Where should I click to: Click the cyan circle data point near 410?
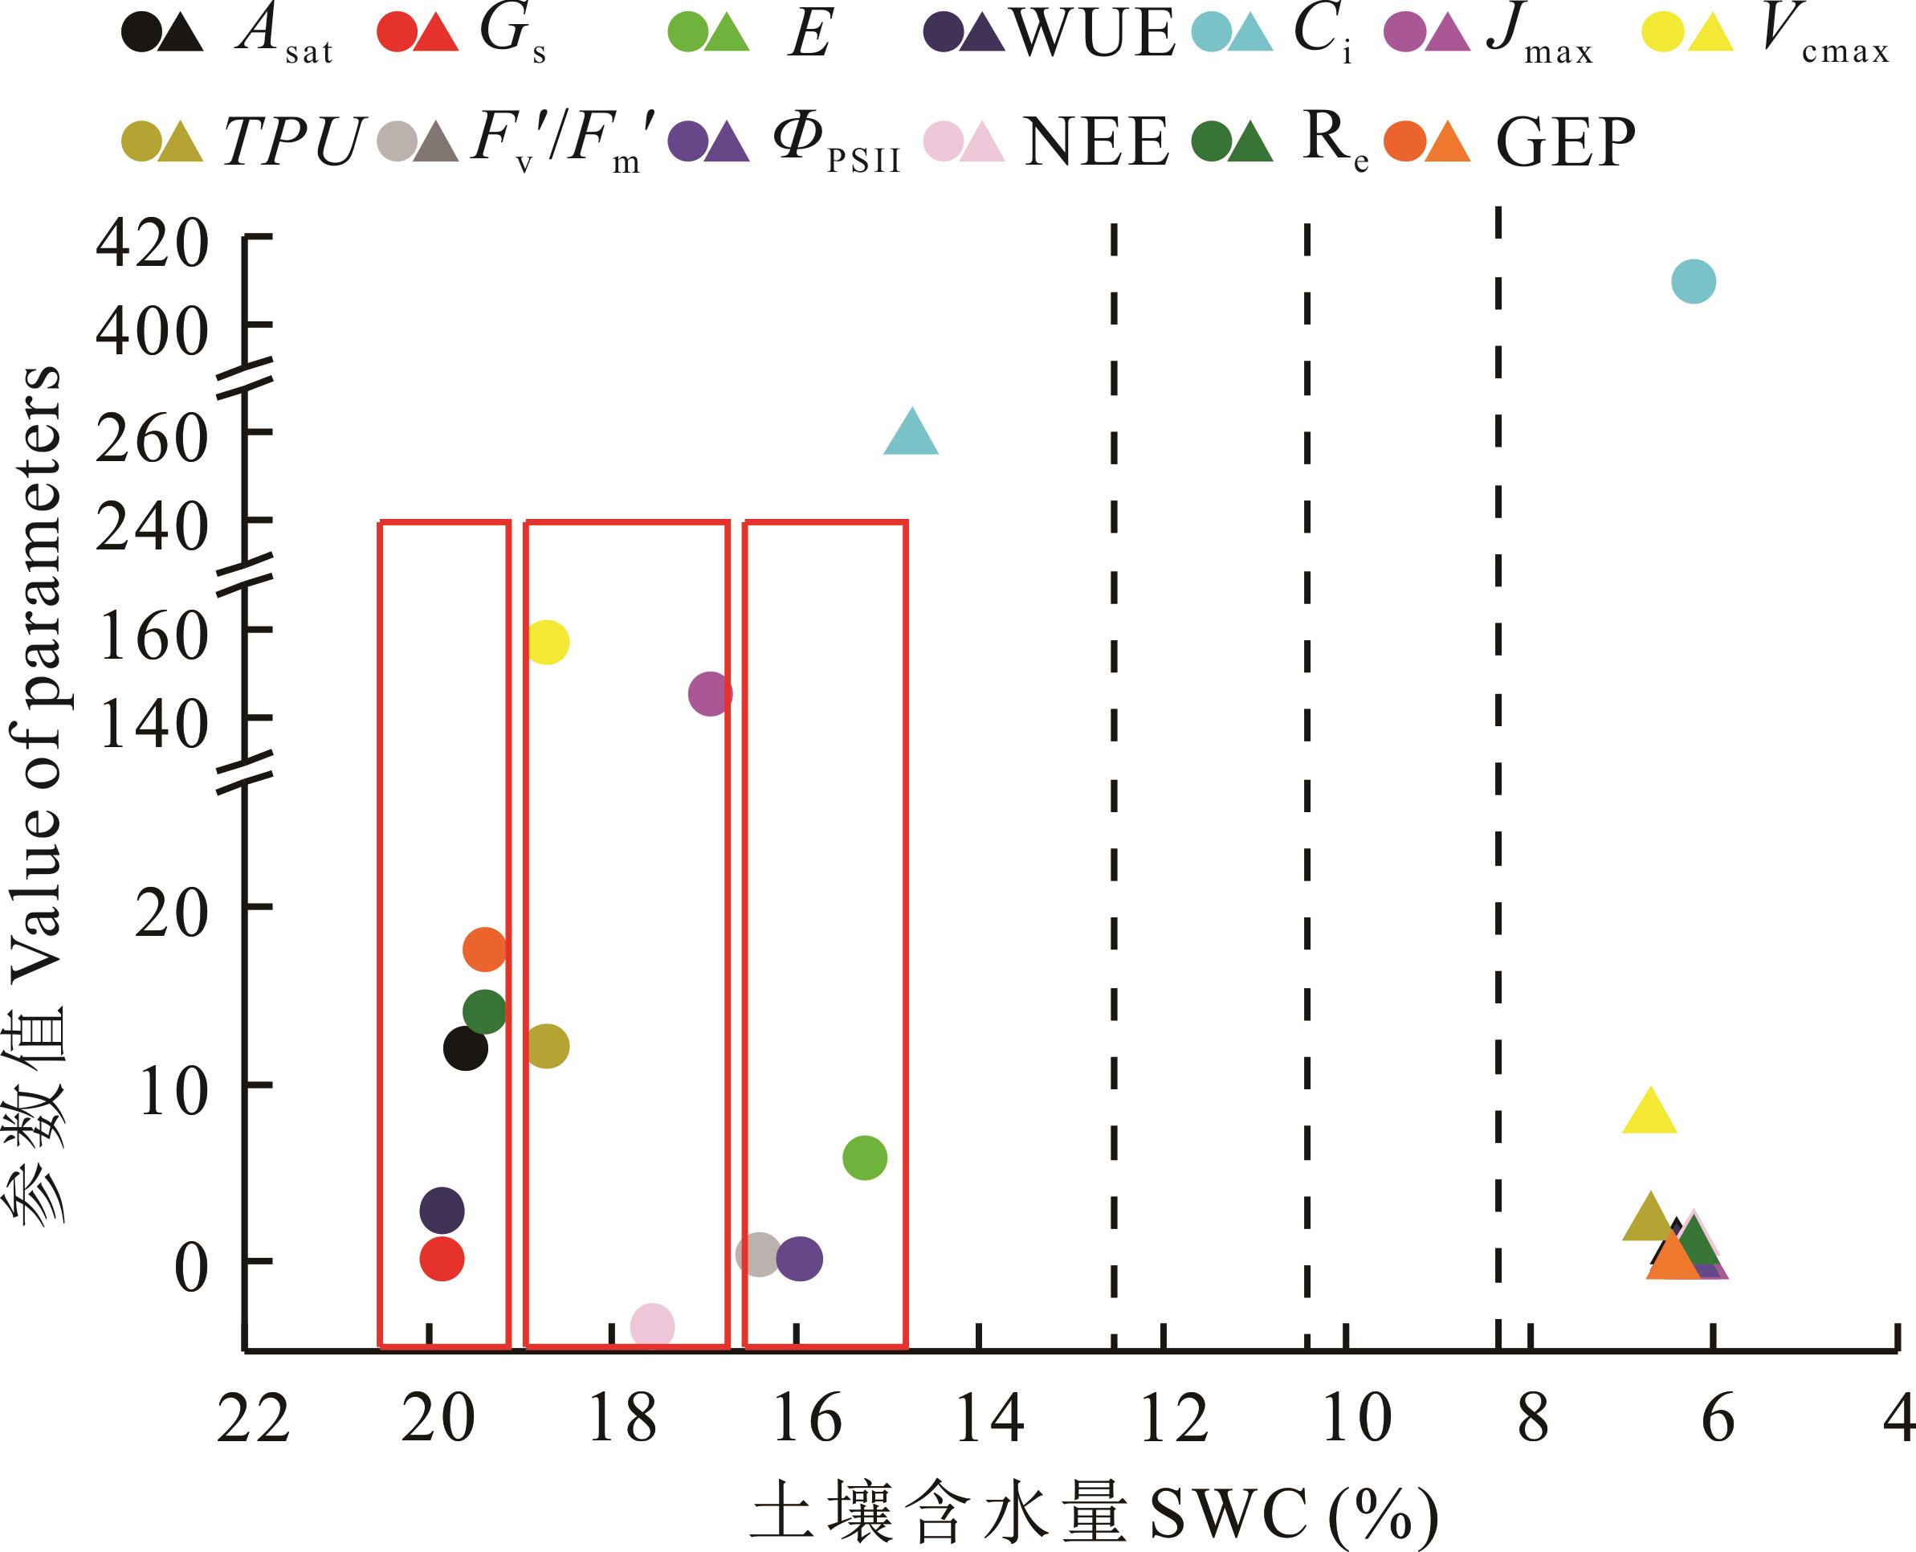click(x=1693, y=282)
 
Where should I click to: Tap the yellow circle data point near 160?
click(x=547, y=642)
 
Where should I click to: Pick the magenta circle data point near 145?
click(x=710, y=694)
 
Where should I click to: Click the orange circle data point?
click(x=484, y=950)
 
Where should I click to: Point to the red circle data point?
click(x=442, y=1259)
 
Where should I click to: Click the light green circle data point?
click(x=864, y=1158)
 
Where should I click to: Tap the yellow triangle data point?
click(x=1649, y=1114)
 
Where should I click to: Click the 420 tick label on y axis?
click(x=152, y=243)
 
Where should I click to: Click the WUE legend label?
click(x=1095, y=34)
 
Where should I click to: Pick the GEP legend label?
click(x=1566, y=142)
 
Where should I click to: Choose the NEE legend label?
click(x=1096, y=142)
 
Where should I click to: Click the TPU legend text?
click(x=293, y=142)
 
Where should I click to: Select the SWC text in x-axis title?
click(x=1229, y=1514)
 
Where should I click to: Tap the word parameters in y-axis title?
click(x=40, y=537)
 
